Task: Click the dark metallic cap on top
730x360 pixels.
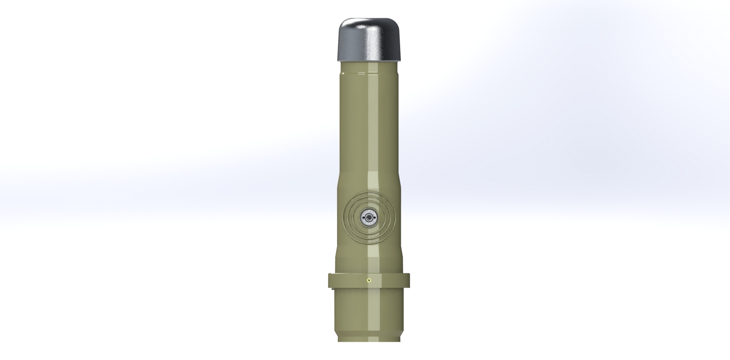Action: click(369, 40)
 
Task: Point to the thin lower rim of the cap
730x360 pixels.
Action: click(369, 60)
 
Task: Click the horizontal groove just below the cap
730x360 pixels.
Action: click(369, 72)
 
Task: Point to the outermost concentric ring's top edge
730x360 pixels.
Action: click(369, 193)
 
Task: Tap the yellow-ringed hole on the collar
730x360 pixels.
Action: click(368, 280)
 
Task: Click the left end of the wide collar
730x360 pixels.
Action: click(330, 280)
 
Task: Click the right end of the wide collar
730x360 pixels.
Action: click(408, 280)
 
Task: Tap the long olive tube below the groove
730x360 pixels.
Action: click(369, 121)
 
